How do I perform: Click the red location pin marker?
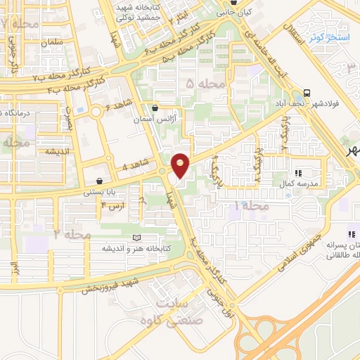(x=181, y=165)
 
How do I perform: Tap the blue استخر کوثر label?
(x=325, y=37)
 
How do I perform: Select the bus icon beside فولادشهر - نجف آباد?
(x=307, y=94)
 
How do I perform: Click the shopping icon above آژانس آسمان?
(x=155, y=108)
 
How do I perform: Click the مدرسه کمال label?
(x=299, y=183)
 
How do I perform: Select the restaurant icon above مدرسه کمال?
(x=298, y=172)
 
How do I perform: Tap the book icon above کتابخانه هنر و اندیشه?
(x=136, y=238)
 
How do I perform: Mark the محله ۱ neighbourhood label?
(x=251, y=206)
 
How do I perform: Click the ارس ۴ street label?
(x=112, y=205)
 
